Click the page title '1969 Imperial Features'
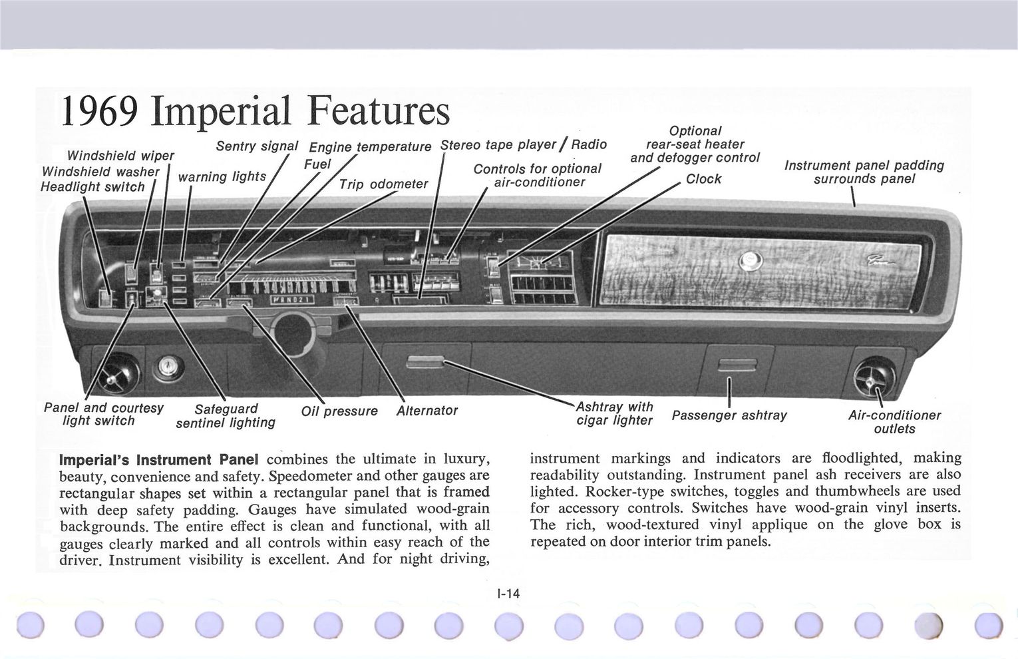(x=255, y=111)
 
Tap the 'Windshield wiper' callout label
(x=120, y=156)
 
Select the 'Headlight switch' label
(x=92, y=187)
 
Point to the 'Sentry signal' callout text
(x=257, y=146)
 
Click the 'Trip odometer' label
(x=383, y=184)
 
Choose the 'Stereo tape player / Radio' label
(x=524, y=144)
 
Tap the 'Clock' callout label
(x=703, y=179)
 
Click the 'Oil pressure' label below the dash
(x=339, y=411)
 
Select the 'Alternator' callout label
(x=426, y=411)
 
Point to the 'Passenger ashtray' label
(x=729, y=415)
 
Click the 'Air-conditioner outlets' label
(x=894, y=422)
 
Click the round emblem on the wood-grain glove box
(x=750, y=260)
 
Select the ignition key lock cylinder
(x=168, y=367)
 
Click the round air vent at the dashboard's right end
(x=874, y=377)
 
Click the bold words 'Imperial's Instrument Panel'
(x=158, y=460)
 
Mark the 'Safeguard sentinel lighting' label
(x=226, y=416)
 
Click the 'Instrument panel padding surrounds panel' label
(x=864, y=172)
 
